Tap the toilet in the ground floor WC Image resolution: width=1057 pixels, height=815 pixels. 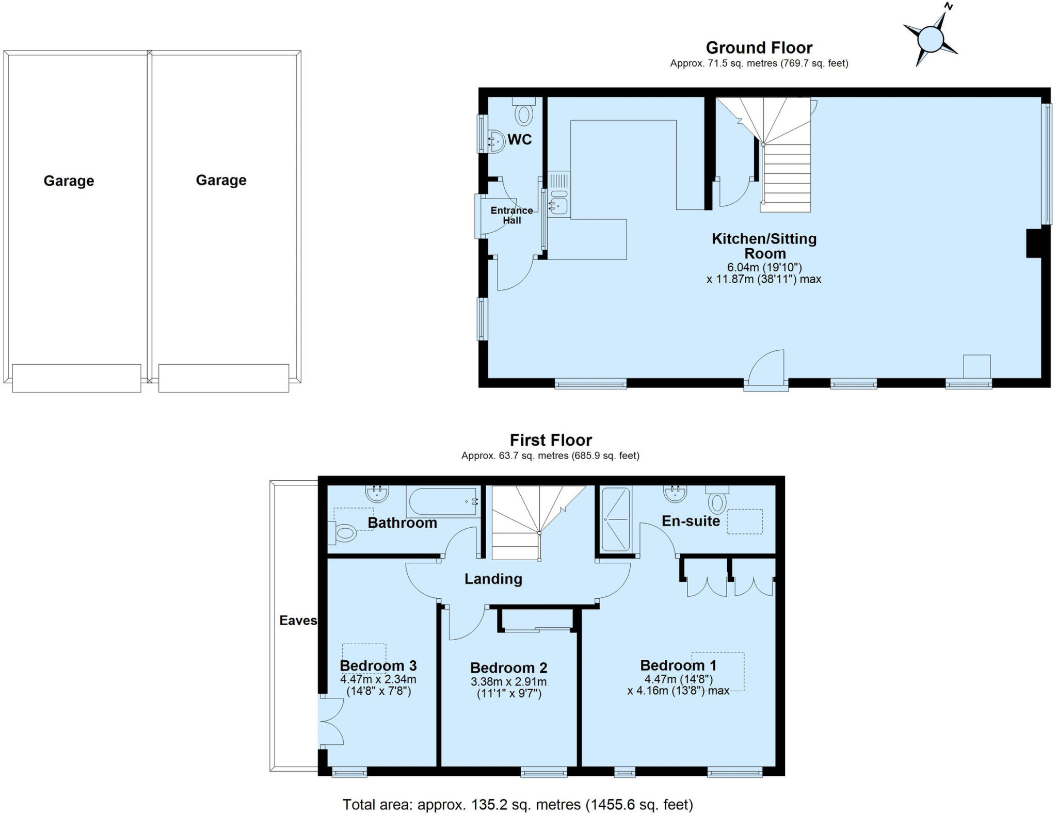coord(524,113)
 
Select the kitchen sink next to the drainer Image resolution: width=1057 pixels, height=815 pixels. coord(558,206)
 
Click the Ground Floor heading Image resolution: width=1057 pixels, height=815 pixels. coord(759,48)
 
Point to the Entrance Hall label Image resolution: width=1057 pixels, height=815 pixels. coord(511,215)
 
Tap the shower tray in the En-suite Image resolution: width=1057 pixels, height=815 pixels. coord(616,518)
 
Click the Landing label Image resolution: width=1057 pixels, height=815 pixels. coord(493,579)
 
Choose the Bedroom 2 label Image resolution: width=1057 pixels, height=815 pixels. coord(508,668)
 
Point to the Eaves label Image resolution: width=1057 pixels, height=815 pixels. coord(298,621)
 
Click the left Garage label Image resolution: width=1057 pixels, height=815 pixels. coord(69,181)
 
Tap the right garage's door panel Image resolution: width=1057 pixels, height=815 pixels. coord(223,378)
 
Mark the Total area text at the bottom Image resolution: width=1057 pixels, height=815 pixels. coord(518,804)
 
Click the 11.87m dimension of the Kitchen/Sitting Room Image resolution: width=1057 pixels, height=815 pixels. coord(763,280)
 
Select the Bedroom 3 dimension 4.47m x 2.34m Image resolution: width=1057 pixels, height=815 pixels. coord(378,679)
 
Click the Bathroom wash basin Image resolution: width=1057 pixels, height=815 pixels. coord(377,494)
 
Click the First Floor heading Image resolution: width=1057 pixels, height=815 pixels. coord(551,440)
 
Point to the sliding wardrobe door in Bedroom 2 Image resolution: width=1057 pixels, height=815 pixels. coord(537,629)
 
